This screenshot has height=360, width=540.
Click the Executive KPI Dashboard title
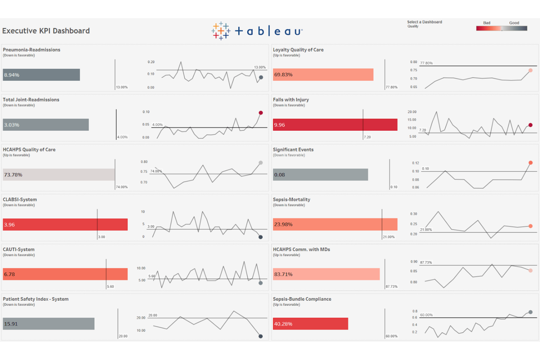46,31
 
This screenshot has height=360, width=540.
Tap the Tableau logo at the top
257,31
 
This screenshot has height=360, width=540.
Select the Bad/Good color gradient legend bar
501,28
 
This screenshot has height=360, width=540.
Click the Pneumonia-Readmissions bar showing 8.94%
41,75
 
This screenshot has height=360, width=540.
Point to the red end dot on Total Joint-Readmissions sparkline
261,113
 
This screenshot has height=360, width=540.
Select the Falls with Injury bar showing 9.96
335,125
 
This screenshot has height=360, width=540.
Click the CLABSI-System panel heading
20,200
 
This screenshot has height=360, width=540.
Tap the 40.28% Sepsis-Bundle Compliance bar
310,324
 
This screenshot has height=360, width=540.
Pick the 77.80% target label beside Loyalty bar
391,87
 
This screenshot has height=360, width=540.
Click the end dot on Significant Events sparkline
531,163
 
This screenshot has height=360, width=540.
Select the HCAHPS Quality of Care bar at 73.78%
59,175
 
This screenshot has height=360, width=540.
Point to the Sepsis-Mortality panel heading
292,200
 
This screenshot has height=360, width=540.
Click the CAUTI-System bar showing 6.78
65,274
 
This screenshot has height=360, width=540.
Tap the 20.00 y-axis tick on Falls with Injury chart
412,112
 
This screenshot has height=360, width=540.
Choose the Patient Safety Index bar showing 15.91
49,324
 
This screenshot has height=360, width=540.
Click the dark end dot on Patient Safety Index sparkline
261,336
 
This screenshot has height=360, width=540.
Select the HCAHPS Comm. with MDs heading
301,249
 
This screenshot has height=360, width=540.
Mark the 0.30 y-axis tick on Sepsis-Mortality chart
413,214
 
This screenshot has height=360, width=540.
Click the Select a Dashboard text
424,22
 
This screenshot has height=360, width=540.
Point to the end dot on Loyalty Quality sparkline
531,70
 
